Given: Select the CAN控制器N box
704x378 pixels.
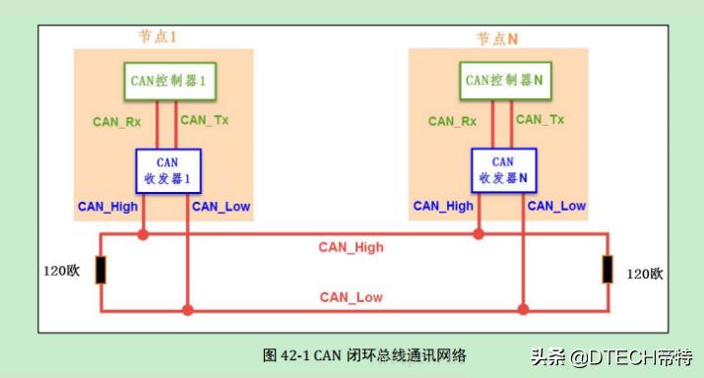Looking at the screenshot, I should coord(503,80).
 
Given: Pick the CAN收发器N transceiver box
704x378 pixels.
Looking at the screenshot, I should coord(502,170).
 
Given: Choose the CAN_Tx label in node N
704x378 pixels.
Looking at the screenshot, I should coord(541,119).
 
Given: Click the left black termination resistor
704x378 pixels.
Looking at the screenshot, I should coord(100,270).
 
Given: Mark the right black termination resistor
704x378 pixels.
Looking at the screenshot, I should coord(608,270).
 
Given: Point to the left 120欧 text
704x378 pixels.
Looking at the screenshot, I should coord(61,270).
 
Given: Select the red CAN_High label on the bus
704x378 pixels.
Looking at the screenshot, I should coord(351,247).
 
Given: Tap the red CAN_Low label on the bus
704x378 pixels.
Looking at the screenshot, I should coord(351,296).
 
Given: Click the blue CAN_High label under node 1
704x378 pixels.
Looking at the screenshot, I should coord(109,206).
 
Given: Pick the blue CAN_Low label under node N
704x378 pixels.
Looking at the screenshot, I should coord(556,206).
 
